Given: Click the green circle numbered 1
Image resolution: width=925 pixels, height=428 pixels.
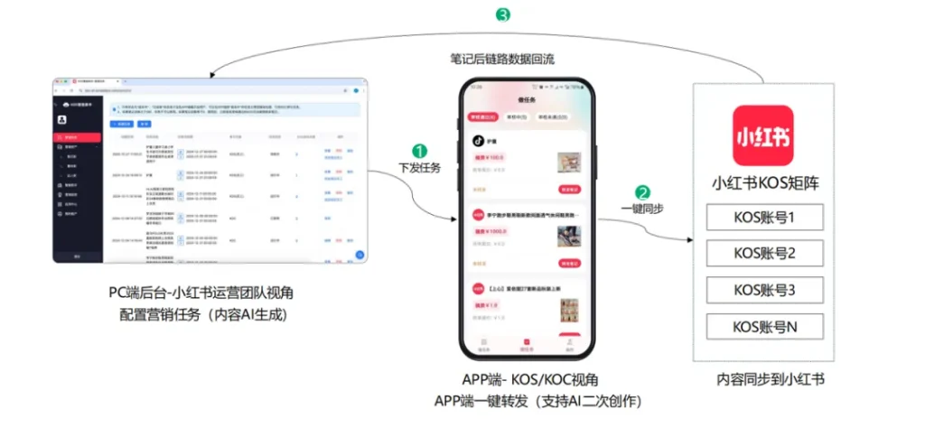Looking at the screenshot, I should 418,150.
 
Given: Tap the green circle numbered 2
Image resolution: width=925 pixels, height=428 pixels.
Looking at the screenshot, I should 642,191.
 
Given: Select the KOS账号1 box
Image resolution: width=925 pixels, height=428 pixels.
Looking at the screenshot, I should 764,218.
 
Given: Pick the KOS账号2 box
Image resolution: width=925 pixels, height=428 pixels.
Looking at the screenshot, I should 764,254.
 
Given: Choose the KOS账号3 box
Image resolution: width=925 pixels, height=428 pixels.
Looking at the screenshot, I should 764,290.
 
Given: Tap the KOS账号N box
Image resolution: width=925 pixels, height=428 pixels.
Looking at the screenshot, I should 764,326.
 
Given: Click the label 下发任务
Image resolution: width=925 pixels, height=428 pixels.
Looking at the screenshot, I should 419,168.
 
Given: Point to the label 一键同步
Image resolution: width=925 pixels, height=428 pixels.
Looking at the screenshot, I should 642,209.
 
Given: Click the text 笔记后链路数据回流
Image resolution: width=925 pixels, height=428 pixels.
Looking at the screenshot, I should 502,60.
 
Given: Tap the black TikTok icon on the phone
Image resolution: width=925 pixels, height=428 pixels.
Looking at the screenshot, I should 479,141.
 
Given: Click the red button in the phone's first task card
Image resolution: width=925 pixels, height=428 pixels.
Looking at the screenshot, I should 570,190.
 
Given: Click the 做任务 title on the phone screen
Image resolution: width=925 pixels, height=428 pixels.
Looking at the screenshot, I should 528,99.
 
